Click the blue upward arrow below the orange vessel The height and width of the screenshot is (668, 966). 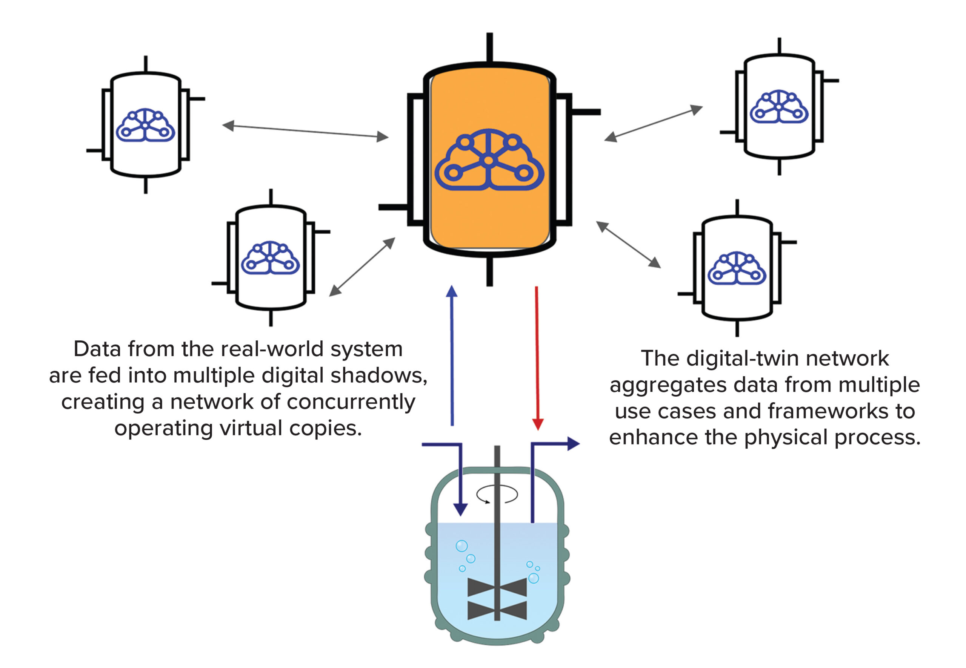[452, 356]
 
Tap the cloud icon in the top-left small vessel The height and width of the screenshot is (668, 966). [145, 125]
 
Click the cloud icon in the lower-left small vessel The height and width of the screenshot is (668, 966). [270, 258]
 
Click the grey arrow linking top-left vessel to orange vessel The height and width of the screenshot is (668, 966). [305, 131]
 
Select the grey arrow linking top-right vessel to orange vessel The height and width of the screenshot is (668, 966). [653, 124]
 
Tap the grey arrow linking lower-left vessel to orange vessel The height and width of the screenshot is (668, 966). [362, 267]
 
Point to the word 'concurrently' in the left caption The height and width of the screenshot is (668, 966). [351, 402]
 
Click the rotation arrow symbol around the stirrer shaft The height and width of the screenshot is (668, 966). [497, 494]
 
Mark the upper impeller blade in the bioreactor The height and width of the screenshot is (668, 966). [497, 587]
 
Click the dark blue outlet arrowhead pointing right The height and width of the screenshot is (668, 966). [573, 444]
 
